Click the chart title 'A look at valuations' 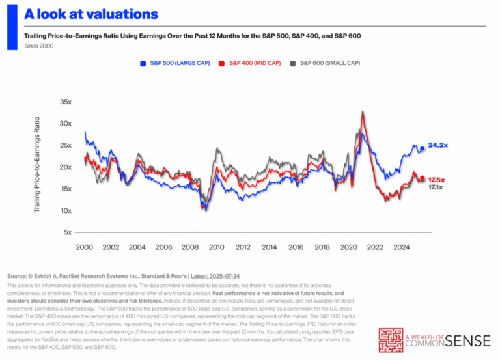[92, 14]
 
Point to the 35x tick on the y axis [65, 102]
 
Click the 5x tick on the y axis [66, 232]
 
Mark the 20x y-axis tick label [65, 167]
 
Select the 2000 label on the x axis [84, 247]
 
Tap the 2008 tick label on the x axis [190, 247]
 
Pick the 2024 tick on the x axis [402, 247]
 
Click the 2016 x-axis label [296, 247]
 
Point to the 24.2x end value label [437, 145]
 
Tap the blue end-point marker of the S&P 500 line [422, 148]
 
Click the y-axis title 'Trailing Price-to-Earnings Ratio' [36, 163]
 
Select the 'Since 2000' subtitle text [38, 46]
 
